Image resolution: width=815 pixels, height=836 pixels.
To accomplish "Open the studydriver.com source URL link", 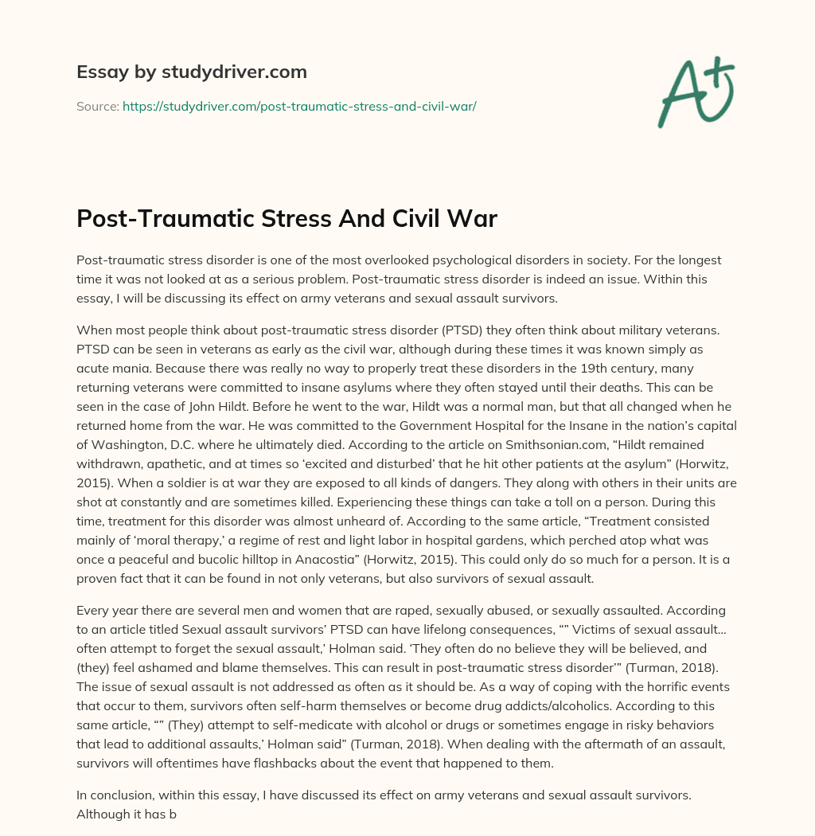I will (x=299, y=106).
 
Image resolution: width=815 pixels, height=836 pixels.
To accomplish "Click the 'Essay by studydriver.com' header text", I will (x=192, y=72).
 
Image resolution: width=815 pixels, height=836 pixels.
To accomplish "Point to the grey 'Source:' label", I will (x=97, y=106).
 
